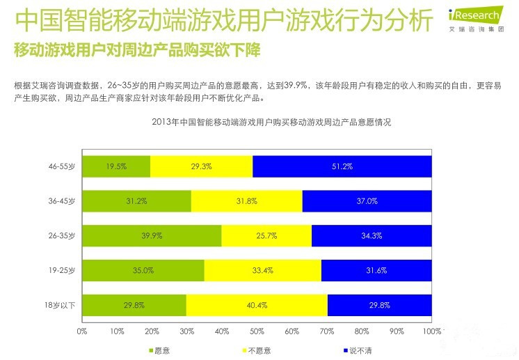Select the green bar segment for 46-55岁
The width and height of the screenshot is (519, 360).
click(116, 167)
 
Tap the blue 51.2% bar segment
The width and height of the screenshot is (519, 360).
click(342, 167)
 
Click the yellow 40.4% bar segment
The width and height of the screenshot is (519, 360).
click(257, 306)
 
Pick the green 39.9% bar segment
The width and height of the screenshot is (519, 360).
click(152, 236)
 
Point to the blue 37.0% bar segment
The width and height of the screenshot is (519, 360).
click(367, 201)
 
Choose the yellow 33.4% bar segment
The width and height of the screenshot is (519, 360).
click(263, 271)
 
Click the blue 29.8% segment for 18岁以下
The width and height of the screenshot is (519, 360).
click(379, 306)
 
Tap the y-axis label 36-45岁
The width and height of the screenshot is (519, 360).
click(62, 201)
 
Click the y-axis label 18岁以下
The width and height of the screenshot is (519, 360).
click(60, 306)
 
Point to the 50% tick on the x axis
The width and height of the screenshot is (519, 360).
click(257, 331)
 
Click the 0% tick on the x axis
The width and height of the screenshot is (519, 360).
click(81, 331)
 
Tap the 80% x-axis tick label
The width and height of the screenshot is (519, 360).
click(362, 331)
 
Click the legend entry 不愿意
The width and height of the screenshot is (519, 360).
click(258, 350)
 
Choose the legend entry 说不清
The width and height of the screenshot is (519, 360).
click(360, 350)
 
